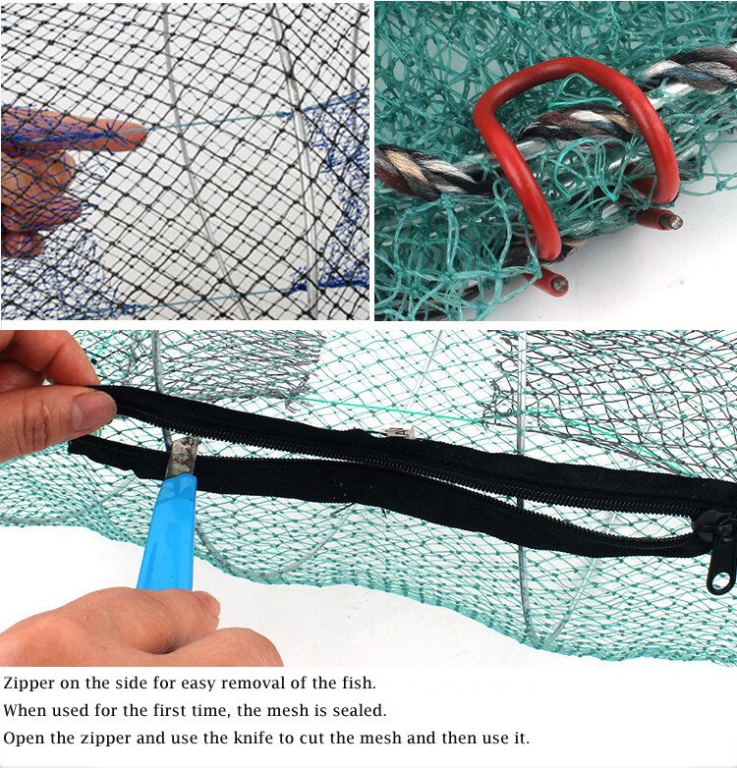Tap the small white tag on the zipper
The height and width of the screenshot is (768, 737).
click(397, 432)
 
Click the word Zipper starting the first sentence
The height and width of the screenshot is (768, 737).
click(29, 683)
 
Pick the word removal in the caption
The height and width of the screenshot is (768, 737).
click(255, 683)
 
